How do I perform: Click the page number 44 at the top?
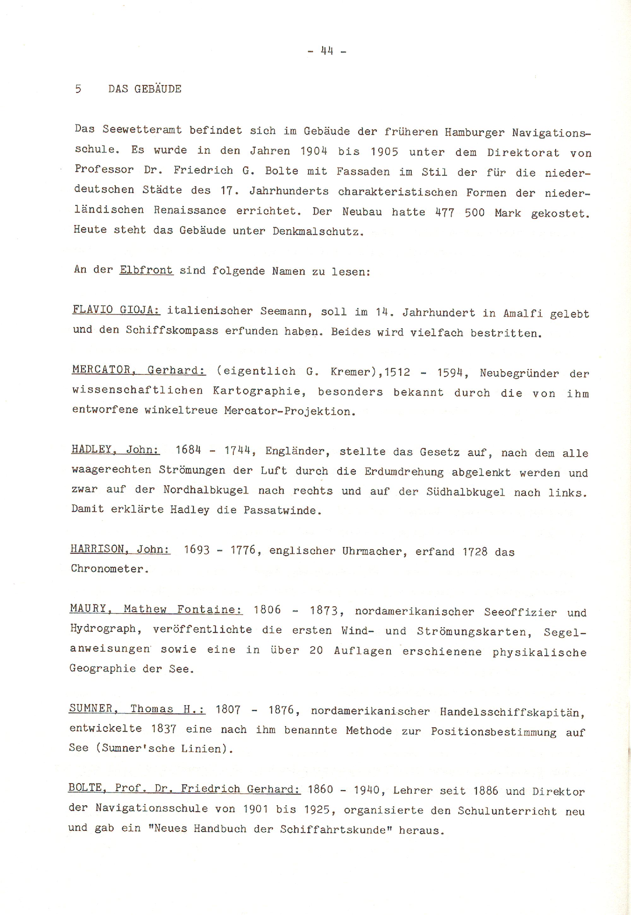pos(327,51)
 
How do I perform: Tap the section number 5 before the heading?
pos(78,89)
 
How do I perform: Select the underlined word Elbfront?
pos(146,270)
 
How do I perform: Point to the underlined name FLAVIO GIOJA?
pos(116,309)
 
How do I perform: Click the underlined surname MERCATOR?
pos(102,370)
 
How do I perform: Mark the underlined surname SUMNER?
pos(91,708)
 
